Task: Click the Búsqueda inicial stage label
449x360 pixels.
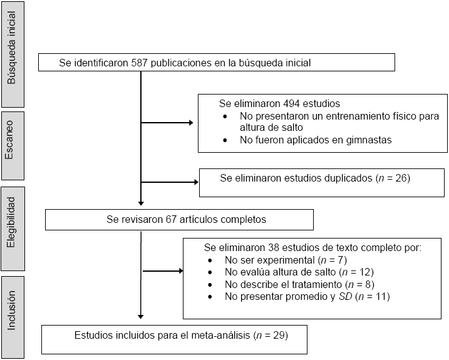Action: [x=12, y=54]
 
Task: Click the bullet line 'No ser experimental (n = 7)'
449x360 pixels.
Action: [x=285, y=260]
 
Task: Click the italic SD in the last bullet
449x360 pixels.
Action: [x=345, y=296]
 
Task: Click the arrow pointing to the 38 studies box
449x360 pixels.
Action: [x=178, y=272]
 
